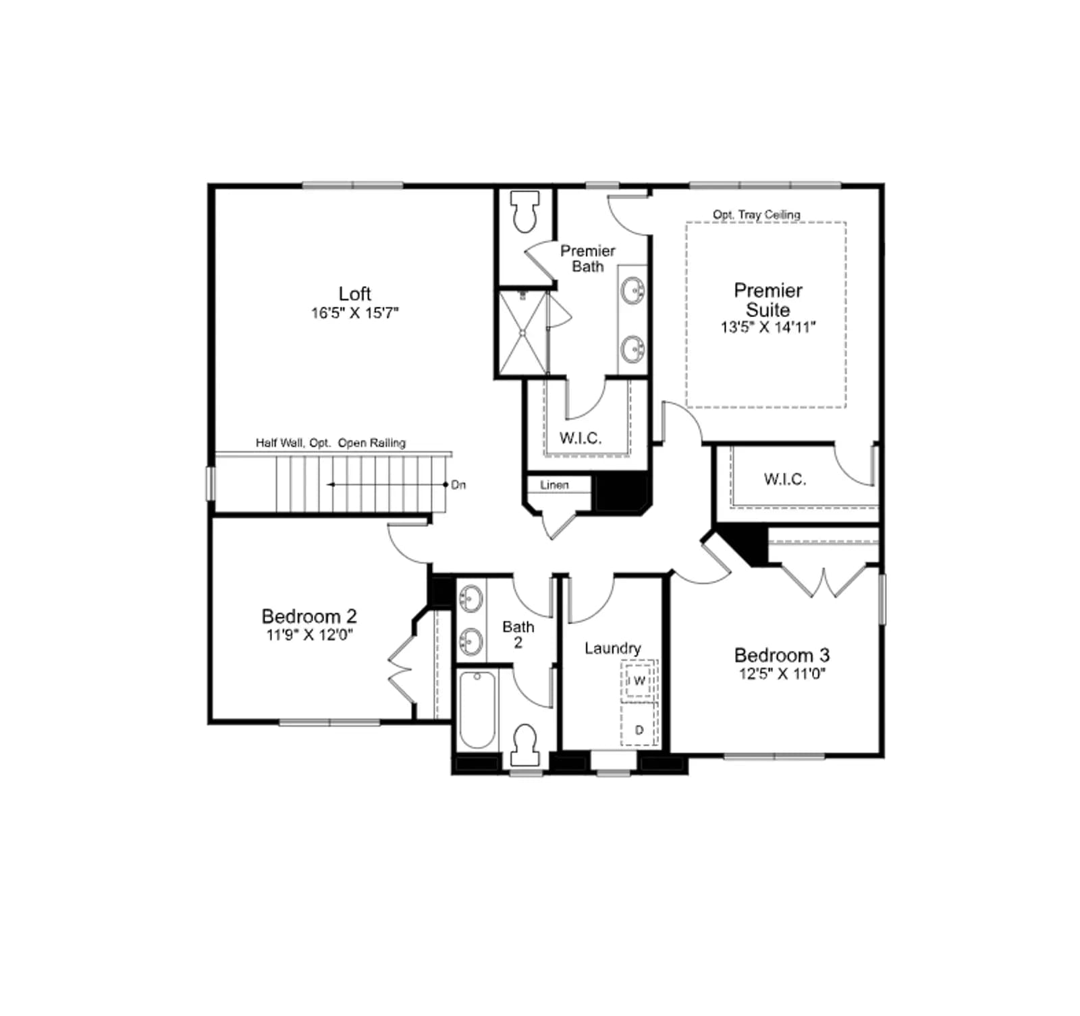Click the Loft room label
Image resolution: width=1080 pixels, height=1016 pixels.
tap(354, 293)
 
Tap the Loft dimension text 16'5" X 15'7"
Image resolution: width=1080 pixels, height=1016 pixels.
tap(355, 313)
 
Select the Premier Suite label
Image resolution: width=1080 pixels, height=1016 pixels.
tap(768, 300)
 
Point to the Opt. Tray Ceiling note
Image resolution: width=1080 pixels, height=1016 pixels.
tap(757, 215)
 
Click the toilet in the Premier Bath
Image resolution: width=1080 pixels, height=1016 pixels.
tap(526, 211)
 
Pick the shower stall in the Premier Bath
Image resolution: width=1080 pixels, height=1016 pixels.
tap(523, 332)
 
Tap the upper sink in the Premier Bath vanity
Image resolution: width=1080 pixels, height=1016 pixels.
tap(633, 291)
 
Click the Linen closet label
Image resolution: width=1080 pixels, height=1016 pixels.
tap(554, 485)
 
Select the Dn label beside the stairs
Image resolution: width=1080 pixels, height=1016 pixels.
tap(458, 485)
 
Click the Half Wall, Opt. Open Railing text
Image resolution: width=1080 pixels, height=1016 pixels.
tap(331, 443)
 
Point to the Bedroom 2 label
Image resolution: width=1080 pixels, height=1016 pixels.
tap(309, 616)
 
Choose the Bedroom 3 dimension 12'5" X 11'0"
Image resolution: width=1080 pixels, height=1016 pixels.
tap(782, 674)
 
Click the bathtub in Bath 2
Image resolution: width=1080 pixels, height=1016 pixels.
tap(477, 710)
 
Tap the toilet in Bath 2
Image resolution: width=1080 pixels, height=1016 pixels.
tap(524, 745)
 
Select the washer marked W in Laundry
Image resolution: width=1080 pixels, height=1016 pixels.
tap(639, 681)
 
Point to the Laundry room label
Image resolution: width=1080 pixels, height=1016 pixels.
tap(613, 648)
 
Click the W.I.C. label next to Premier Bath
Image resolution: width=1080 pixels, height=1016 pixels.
tap(580, 439)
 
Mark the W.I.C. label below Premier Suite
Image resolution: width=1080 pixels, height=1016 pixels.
tap(785, 480)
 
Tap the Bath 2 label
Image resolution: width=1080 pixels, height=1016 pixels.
tap(518, 635)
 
